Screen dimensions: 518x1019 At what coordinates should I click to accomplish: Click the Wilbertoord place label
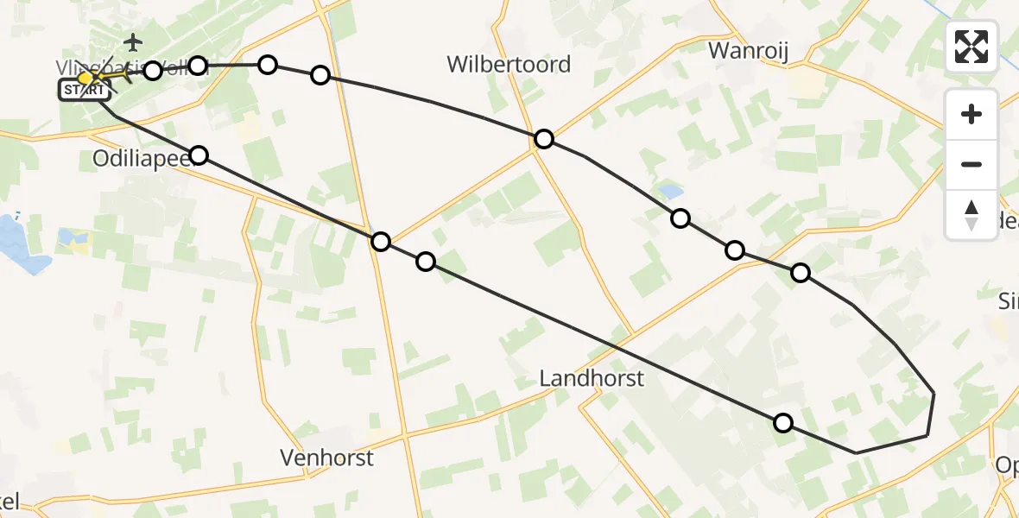click(509, 64)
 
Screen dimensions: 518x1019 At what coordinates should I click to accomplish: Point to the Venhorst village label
click(327, 458)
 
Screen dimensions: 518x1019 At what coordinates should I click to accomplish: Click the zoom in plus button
click(972, 114)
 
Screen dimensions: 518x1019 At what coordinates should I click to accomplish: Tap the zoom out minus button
click(972, 164)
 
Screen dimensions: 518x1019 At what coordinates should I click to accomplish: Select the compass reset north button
click(972, 214)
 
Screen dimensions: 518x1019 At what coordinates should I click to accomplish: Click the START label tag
click(84, 91)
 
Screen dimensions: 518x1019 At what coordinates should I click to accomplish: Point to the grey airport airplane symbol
click(133, 41)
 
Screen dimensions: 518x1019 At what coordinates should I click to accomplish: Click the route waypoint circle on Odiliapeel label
click(199, 155)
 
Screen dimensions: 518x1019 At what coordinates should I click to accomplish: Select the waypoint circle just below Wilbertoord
click(543, 139)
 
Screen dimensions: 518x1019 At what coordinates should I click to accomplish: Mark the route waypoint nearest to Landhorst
click(782, 423)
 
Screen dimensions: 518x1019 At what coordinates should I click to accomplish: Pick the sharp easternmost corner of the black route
click(934, 393)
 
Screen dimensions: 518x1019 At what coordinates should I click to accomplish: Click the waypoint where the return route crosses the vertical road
click(381, 242)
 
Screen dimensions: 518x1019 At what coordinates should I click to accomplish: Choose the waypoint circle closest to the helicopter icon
click(153, 71)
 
